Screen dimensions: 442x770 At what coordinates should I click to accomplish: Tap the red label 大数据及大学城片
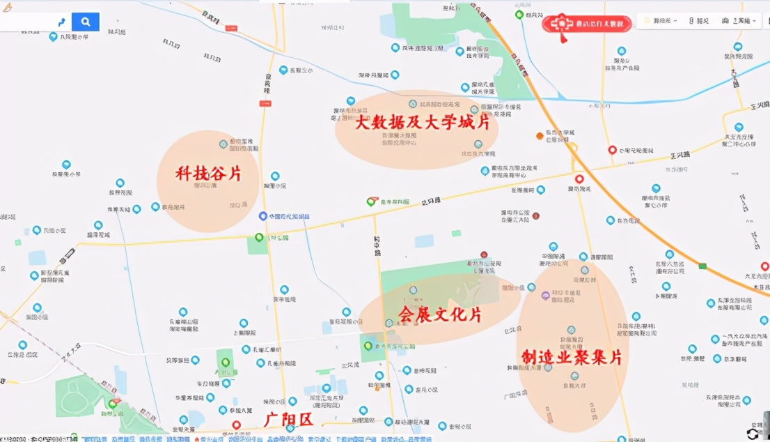pos(422,124)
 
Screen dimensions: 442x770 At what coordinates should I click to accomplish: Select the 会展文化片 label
pos(439,315)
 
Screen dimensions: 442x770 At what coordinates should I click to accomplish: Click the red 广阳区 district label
pos(289,420)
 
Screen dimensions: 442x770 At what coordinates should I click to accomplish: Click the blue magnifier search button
pos(86,22)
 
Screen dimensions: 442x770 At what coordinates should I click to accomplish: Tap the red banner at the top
pos(587,23)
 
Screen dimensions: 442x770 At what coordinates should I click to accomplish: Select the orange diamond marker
pos(540,135)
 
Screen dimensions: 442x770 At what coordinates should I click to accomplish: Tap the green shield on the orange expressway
pos(703,266)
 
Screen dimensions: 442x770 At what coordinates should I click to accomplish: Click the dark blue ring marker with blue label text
pos(263,217)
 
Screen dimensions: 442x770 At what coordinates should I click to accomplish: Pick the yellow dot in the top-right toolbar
pos(647,21)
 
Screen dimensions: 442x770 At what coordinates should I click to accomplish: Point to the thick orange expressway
pos(613,167)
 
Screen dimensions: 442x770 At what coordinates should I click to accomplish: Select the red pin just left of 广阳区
pos(236,425)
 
